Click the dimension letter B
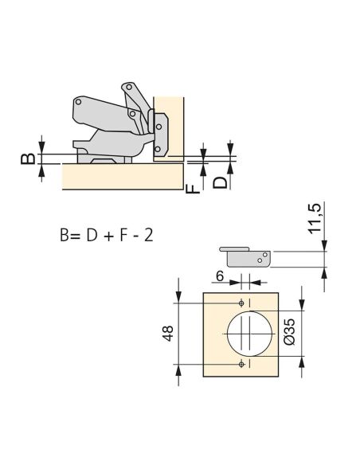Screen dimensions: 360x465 [28, 159]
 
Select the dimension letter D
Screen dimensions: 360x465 [220, 182]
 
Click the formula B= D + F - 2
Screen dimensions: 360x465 [107, 236]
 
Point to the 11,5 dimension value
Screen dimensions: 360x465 [315, 218]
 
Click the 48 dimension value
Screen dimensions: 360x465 [168, 334]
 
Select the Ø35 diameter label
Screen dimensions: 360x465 [289, 331]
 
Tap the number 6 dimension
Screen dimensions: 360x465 [220, 276]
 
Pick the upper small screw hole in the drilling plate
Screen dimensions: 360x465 [241, 303]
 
